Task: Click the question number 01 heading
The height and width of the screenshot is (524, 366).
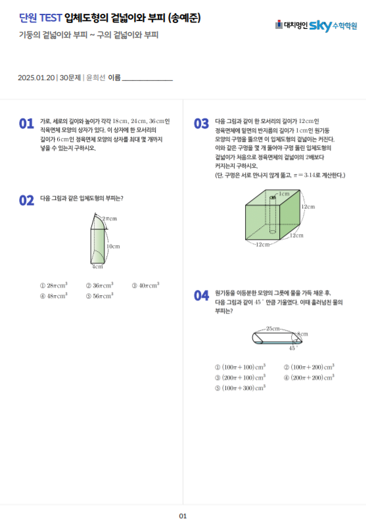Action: point(26,124)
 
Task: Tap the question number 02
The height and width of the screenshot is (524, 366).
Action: point(26,201)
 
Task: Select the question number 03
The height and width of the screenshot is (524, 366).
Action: point(201,124)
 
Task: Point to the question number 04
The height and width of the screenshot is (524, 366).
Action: point(201,296)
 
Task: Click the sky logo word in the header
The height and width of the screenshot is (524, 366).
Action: point(320,26)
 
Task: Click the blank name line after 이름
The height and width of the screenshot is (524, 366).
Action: point(147,78)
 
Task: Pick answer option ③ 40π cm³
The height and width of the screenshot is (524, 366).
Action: point(145,286)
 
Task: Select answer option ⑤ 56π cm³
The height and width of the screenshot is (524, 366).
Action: point(99,296)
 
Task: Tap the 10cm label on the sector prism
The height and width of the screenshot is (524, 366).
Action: point(113,247)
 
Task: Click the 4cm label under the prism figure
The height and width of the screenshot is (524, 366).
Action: point(97,267)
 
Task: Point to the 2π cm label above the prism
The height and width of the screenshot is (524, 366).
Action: point(110,218)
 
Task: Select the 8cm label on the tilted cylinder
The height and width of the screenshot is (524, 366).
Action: point(302,335)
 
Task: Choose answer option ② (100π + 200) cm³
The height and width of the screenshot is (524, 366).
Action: point(308,367)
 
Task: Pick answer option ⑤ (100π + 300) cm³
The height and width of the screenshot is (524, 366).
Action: point(240,388)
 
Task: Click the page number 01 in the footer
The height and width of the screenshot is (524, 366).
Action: point(183,516)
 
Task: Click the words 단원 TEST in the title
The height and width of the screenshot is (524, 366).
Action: point(41,18)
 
